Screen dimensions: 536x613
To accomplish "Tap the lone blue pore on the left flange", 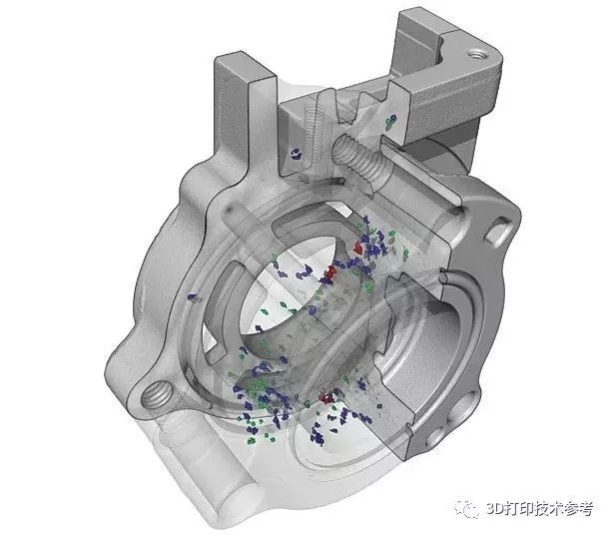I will [193, 294].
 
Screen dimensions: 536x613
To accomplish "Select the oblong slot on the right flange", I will [499, 232].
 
